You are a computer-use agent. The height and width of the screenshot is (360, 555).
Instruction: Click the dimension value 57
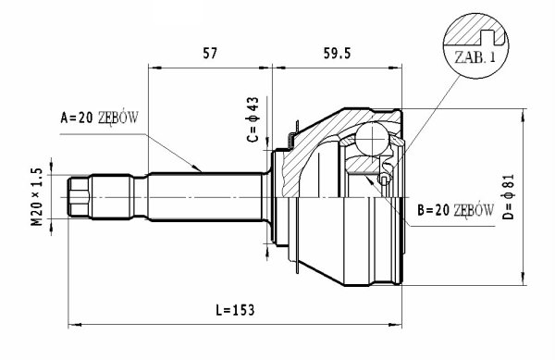[x=209, y=54]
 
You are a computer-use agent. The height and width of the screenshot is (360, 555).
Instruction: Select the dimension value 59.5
[x=337, y=54]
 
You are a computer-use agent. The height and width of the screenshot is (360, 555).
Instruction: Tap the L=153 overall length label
[x=235, y=310]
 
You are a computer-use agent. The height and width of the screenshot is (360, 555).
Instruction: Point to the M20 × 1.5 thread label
[x=37, y=196]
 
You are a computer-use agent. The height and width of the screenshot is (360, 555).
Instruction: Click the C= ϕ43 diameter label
[x=253, y=119]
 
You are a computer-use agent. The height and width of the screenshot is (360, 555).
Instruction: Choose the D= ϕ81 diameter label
[x=508, y=196]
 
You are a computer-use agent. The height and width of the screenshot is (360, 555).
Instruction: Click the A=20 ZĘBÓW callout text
[x=100, y=118]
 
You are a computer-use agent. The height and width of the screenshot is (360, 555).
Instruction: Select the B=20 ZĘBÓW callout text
[x=455, y=210]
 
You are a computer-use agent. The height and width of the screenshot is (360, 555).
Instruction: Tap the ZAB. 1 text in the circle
[x=475, y=57]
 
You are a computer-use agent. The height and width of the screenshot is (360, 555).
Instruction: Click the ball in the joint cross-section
[x=372, y=139]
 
